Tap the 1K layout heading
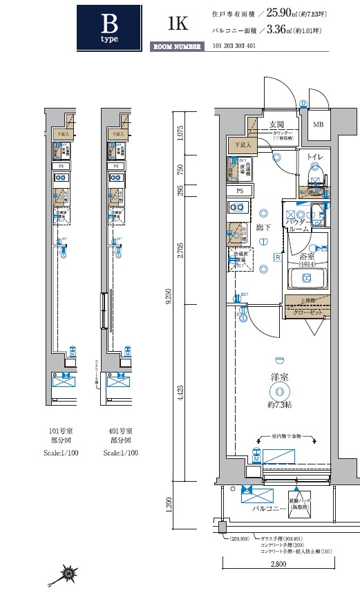click(177, 23)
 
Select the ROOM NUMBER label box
click(177, 47)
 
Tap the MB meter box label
click(317, 125)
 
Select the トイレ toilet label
click(314, 158)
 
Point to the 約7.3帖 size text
click(279, 405)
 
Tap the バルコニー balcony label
click(265, 507)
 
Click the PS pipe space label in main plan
click(239, 190)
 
